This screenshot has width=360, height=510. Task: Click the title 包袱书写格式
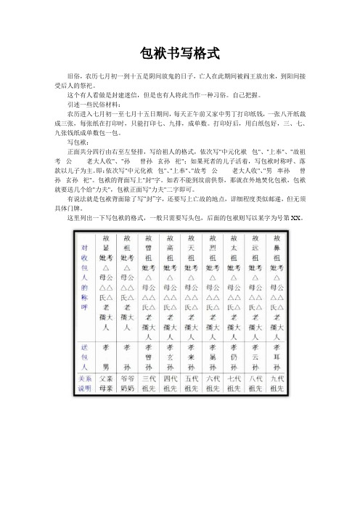[179, 53]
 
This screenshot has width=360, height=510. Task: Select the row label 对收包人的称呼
[85, 276]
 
